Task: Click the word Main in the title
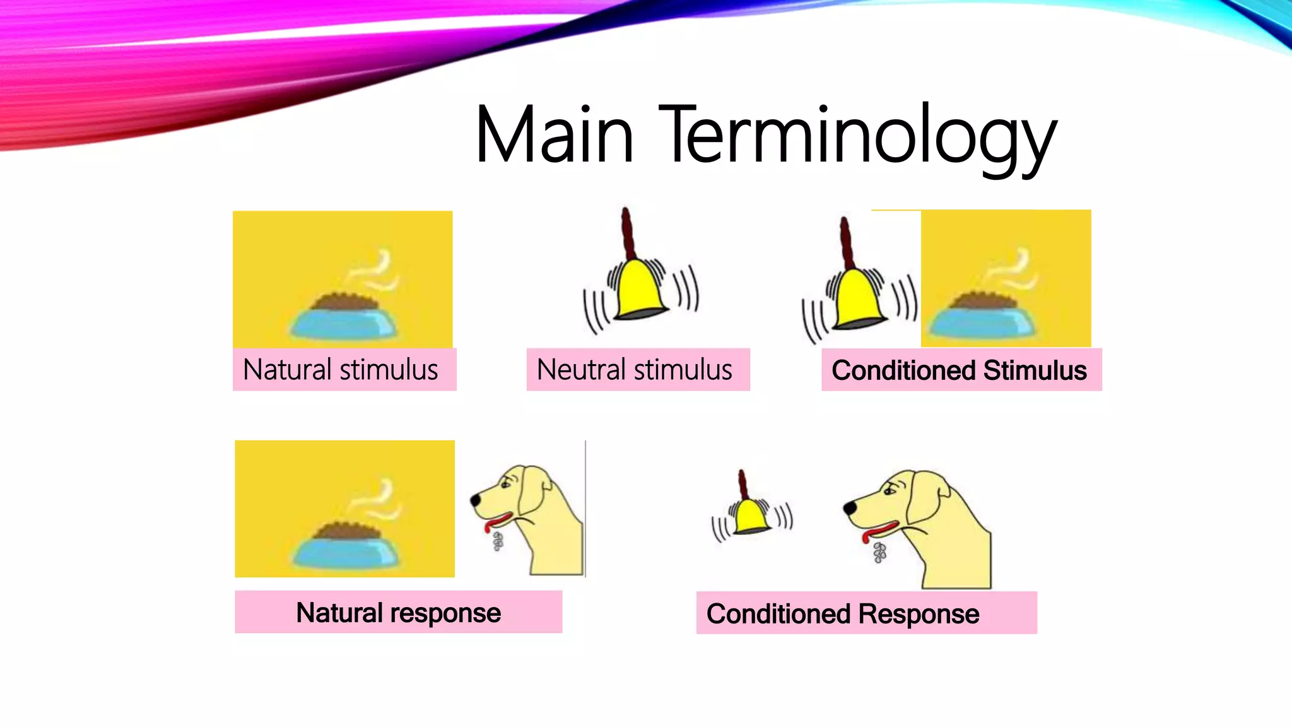[x=554, y=136]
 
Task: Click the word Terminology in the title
[x=858, y=136]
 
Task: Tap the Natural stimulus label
[x=341, y=370]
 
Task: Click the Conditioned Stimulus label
[x=959, y=370]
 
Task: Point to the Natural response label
[x=398, y=613]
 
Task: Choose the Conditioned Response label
[x=843, y=614]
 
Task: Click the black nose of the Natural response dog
[x=474, y=500]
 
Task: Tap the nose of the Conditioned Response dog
[x=849, y=507]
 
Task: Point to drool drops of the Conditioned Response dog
[x=879, y=553]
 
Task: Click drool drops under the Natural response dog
[x=498, y=541]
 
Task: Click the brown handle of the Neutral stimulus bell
[x=627, y=233]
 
